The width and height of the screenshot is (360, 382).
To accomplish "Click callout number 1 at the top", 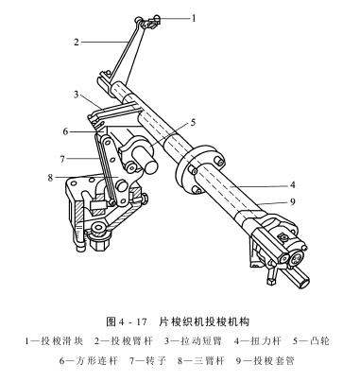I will click(x=194, y=16).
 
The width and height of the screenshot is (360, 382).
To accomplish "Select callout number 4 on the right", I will click(x=293, y=186).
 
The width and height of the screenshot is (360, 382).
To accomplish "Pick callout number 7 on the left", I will click(x=61, y=157).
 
